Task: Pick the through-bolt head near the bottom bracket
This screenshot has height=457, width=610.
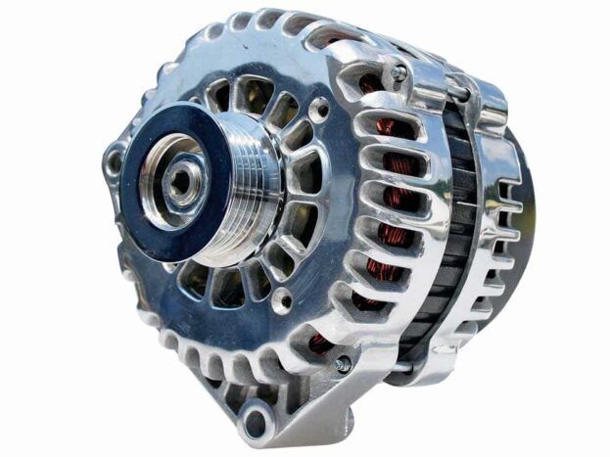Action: pos(343,363)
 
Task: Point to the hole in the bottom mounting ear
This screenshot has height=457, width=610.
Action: pos(256,423)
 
